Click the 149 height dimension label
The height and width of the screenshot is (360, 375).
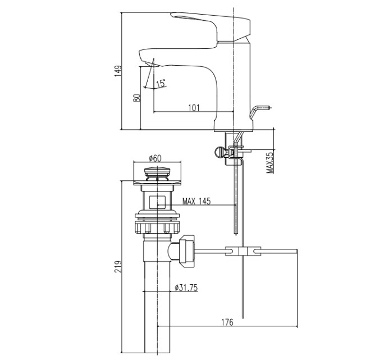pos(118,71)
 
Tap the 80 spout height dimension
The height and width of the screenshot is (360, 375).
pos(137,98)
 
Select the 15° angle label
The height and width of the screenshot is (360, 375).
pos(161,83)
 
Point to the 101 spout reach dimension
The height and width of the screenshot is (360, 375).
pos(194,108)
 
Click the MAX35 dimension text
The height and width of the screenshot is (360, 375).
pos(270,163)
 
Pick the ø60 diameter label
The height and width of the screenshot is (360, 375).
pos(155,158)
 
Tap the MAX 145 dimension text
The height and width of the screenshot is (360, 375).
pos(196,202)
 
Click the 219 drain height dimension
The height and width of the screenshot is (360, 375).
pos(118,266)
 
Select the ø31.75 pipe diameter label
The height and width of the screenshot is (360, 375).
pos(186,288)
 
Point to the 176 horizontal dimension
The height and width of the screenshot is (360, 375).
pos(227,322)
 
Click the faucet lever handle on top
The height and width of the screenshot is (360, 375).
pos(211,26)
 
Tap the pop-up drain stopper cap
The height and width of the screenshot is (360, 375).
pos(157,173)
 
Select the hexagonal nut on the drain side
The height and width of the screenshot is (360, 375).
pos(187,251)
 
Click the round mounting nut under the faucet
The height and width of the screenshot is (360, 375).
pos(219,152)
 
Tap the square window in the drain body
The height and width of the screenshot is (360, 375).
pos(157,202)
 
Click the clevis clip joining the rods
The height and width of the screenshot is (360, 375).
pos(243,251)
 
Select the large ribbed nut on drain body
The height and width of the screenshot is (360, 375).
pos(157,227)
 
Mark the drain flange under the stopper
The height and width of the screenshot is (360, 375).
pos(157,183)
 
